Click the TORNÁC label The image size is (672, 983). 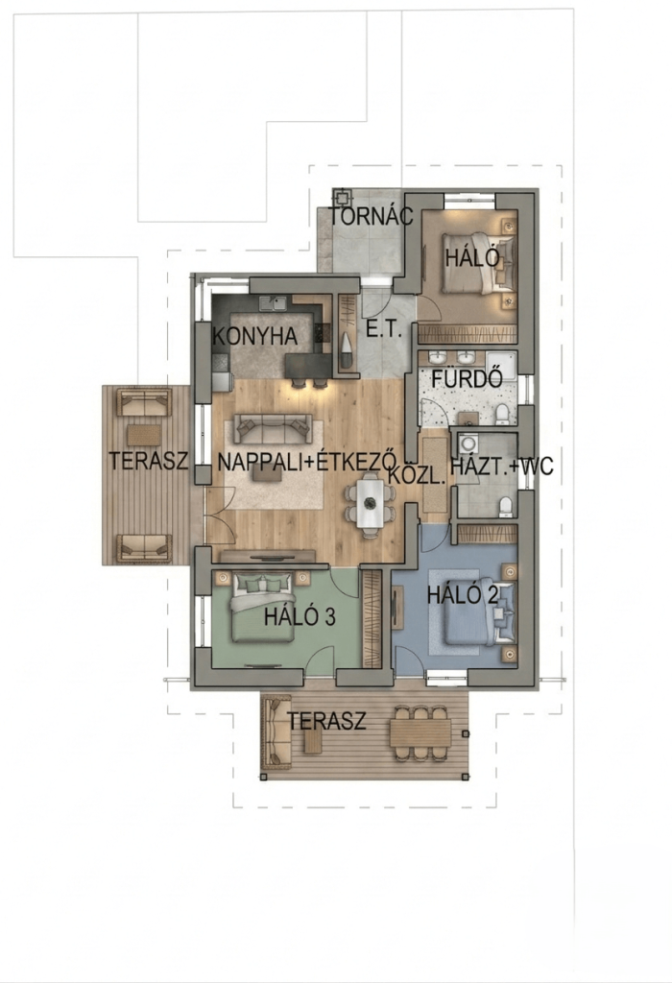click(372, 217)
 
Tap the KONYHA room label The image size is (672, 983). click(255, 336)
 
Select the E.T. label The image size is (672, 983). click(384, 330)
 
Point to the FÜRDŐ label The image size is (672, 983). click(468, 378)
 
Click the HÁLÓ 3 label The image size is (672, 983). click(300, 617)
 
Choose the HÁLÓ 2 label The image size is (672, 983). click(463, 595)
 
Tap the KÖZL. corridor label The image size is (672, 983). click(417, 475)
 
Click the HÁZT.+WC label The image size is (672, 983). click(502, 467)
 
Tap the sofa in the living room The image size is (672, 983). click(273, 429)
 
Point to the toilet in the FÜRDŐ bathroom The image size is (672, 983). click(501, 415)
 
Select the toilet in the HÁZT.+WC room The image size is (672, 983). click(506, 507)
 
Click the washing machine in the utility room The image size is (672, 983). click(468, 444)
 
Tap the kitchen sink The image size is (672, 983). click(274, 303)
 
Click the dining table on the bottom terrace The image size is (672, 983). click(420, 732)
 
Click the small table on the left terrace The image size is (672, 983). click(145, 435)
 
